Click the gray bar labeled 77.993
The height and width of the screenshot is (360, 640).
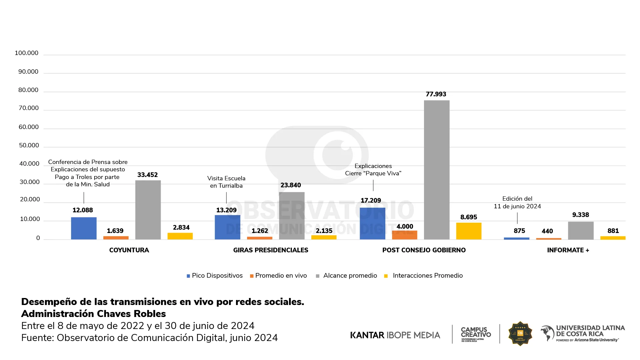click(x=437, y=170)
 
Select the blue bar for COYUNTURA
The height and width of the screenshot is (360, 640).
click(x=84, y=228)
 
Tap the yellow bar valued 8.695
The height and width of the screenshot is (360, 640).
click(x=469, y=231)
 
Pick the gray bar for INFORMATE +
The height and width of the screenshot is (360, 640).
click(x=581, y=231)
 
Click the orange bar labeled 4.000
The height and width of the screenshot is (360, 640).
click(x=404, y=235)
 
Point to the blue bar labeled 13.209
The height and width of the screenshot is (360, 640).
click(x=227, y=227)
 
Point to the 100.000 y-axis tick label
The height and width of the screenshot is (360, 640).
click(x=26, y=53)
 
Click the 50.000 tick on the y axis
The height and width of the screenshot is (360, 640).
click(x=29, y=145)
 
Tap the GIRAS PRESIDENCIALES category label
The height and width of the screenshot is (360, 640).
click(x=271, y=250)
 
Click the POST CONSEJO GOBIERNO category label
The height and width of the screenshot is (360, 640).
click(x=424, y=250)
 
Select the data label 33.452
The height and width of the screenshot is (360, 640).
click(x=147, y=175)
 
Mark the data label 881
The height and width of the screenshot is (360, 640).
click(x=613, y=231)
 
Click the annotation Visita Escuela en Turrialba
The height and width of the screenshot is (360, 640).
click(x=226, y=182)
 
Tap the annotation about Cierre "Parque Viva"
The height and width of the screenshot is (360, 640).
click(x=373, y=170)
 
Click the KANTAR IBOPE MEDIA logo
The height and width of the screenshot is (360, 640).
click(x=395, y=335)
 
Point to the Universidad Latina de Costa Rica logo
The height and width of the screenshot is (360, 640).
click(x=583, y=333)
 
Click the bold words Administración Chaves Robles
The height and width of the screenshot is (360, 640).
click(x=93, y=314)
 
